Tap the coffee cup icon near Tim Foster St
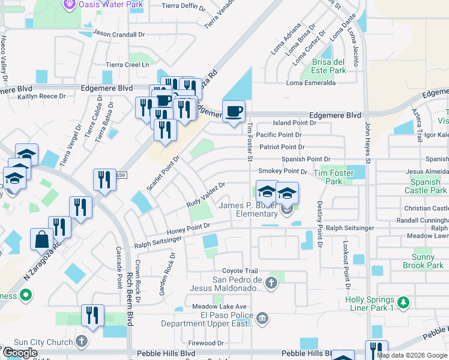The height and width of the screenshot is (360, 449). (234, 110)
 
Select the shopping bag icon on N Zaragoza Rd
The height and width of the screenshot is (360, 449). (43, 239)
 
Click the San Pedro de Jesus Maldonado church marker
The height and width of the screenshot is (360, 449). (271, 282)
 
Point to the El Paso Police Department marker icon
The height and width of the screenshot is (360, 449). (261, 318)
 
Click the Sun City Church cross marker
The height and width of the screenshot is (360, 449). (82, 341)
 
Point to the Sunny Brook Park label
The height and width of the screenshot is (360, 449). (423, 261)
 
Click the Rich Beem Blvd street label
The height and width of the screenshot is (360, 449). (128, 293)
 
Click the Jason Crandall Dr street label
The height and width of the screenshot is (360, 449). (119, 34)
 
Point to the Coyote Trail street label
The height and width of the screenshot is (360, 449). (240, 271)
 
